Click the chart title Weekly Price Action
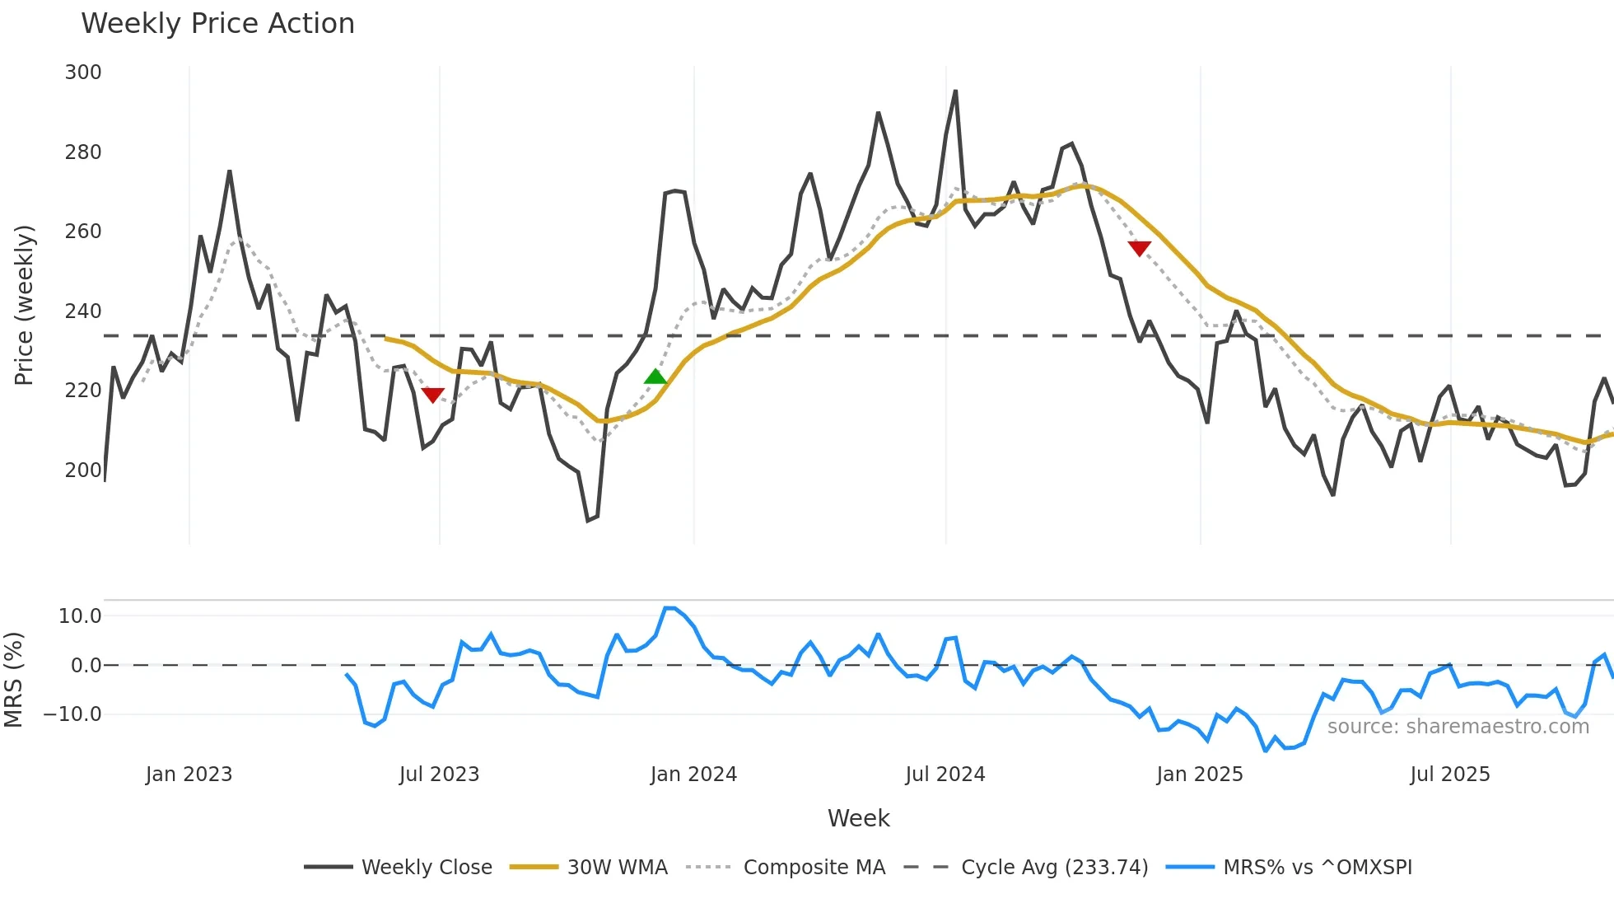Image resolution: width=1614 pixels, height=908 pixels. tap(217, 24)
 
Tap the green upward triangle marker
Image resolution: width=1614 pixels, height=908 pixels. tap(655, 377)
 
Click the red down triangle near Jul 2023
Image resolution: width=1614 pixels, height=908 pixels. tap(432, 395)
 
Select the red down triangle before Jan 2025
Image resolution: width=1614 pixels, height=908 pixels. tap(1139, 248)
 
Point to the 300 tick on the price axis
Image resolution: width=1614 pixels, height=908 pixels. tap(83, 73)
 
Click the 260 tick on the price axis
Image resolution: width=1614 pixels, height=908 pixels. tap(83, 232)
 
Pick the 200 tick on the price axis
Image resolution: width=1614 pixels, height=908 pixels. tap(83, 470)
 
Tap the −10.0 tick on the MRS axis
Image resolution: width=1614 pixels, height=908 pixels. tap(72, 714)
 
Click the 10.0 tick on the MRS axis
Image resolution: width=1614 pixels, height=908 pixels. tap(80, 616)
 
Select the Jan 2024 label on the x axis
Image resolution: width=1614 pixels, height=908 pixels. tap(693, 775)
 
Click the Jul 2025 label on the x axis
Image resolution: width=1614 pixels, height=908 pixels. tap(1449, 775)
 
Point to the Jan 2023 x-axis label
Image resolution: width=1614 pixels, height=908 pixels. tap(189, 775)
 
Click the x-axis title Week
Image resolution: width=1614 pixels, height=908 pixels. tap(858, 818)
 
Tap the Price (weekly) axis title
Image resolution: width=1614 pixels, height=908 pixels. tap(24, 305)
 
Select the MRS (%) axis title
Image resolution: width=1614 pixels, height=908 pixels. tap(13, 680)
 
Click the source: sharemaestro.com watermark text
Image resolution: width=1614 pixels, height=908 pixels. tap(1458, 727)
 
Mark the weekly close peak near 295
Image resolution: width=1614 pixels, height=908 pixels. tap(955, 91)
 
